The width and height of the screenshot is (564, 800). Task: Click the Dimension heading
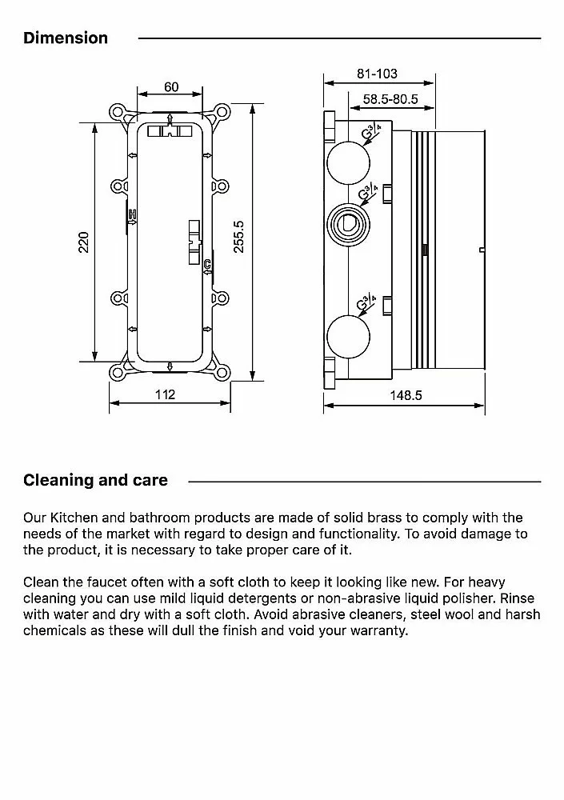pyautogui.click(x=66, y=38)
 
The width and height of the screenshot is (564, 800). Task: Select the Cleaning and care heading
pyautogui.click(x=95, y=480)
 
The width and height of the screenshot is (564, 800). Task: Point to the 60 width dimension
pyautogui.click(x=170, y=86)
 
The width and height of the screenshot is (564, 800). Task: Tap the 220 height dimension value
pyautogui.click(x=83, y=242)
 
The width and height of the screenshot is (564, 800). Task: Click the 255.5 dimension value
pyautogui.click(x=238, y=238)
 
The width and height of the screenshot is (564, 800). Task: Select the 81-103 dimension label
pyautogui.click(x=377, y=74)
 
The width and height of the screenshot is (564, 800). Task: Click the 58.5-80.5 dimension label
pyautogui.click(x=392, y=100)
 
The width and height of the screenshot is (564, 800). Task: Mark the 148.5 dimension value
pyautogui.click(x=406, y=395)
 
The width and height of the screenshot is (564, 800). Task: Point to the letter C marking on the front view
pyautogui.click(x=206, y=264)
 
